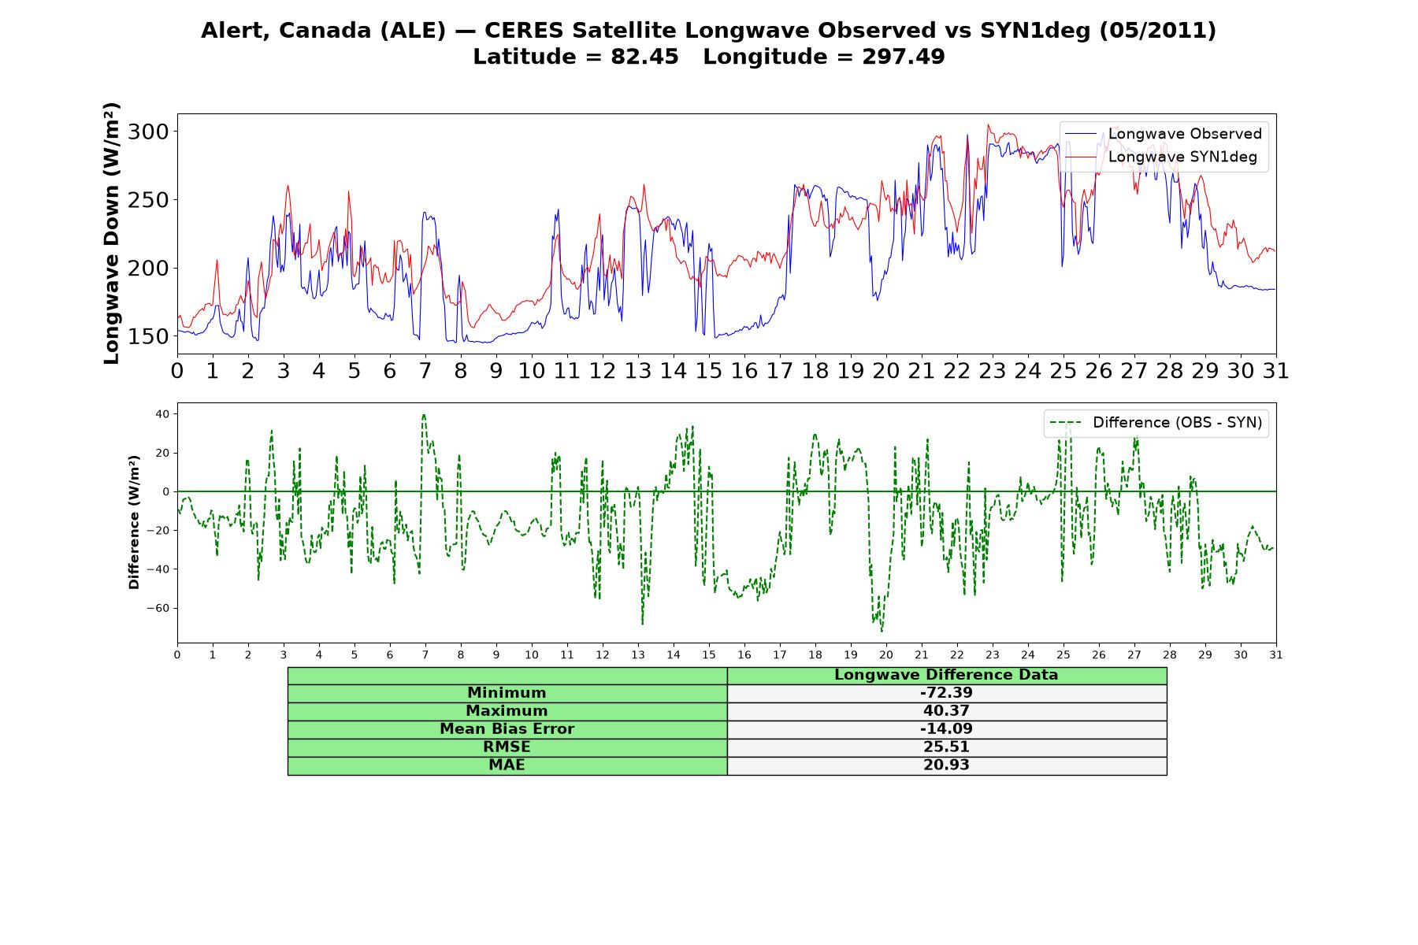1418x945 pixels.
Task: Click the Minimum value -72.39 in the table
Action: pos(946,693)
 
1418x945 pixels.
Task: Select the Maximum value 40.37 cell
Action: pos(946,711)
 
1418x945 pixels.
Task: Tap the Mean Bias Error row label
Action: pos(507,729)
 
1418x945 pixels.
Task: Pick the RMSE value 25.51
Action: pos(946,747)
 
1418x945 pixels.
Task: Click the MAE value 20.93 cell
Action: pos(946,765)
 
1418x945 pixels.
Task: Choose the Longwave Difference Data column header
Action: pos(946,675)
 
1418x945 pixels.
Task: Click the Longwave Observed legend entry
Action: pos(1164,134)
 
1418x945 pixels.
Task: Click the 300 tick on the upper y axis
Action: pos(148,132)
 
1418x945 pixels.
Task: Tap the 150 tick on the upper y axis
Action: pos(148,336)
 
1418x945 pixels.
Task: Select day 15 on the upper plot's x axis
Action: pos(709,371)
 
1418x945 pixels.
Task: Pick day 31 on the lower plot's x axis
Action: pos(1276,654)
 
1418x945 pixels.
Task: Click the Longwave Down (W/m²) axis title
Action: pos(112,233)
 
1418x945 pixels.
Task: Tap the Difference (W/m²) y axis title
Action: pos(134,522)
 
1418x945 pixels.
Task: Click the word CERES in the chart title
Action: pos(525,31)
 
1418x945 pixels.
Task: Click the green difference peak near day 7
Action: pos(424,415)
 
